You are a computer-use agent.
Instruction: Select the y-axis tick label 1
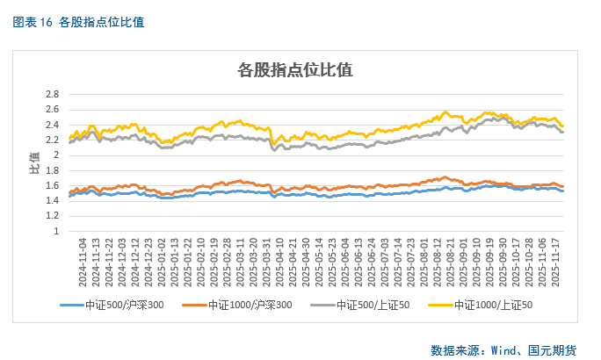56,232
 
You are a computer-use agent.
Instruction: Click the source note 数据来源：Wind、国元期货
503,349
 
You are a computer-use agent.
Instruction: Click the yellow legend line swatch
447,305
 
